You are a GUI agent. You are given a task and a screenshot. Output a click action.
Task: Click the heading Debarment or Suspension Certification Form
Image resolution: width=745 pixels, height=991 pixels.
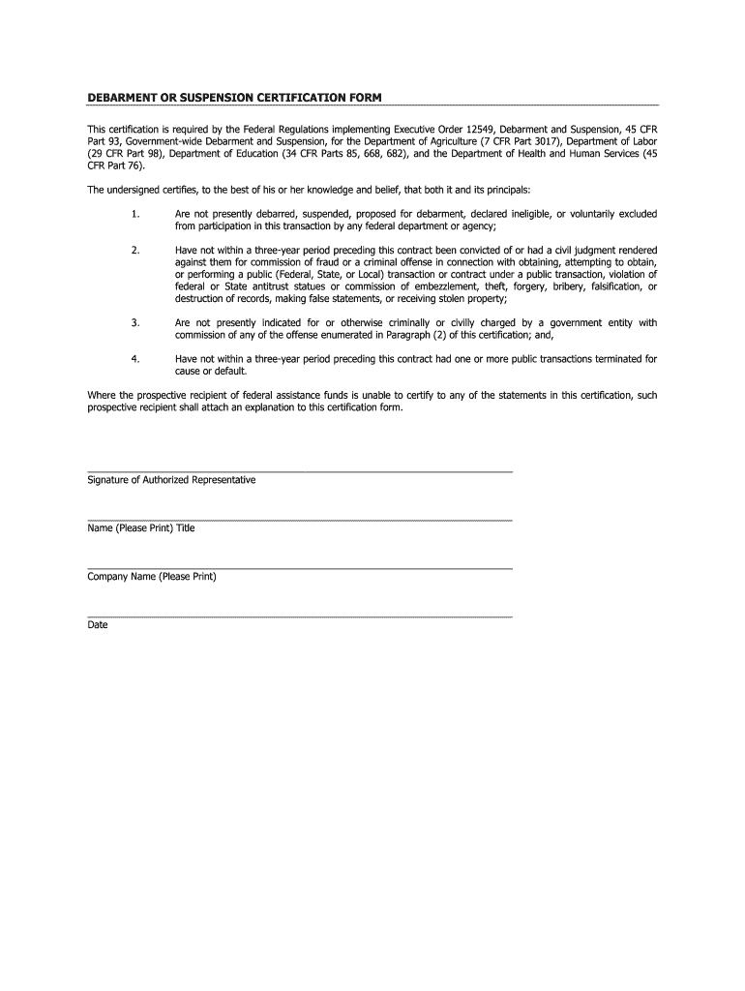pyautogui.click(x=234, y=98)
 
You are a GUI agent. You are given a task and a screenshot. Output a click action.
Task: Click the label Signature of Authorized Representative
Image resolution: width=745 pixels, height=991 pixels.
pyautogui.click(x=171, y=480)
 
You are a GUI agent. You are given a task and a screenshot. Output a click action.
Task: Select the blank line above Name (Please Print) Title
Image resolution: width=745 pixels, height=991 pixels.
pyautogui.click(x=300, y=520)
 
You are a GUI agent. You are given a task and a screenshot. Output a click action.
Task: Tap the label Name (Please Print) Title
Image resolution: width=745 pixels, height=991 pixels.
pyautogui.click(x=141, y=528)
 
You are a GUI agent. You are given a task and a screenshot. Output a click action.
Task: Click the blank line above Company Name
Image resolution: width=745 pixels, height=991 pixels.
pyautogui.click(x=300, y=568)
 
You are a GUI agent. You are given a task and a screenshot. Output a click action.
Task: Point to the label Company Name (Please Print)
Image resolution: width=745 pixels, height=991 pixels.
pyautogui.click(x=152, y=577)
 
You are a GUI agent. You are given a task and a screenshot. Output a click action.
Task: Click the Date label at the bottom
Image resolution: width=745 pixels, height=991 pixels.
pyautogui.click(x=98, y=625)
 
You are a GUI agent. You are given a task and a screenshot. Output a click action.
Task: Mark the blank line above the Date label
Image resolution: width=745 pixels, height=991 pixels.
pyautogui.click(x=300, y=616)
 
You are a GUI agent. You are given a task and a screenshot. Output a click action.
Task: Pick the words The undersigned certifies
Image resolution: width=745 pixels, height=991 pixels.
pyautogui.click(x=140, y=190)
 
